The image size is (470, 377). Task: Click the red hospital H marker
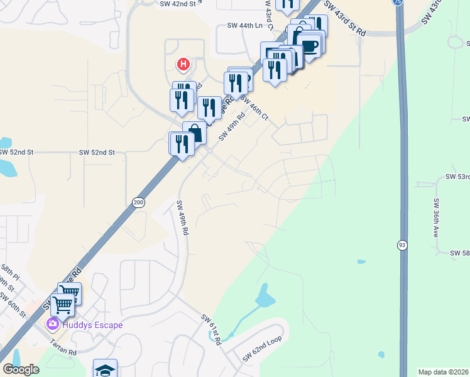click(183, 64)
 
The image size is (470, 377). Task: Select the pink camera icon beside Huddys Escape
click(53, 324)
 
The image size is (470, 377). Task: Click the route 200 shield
click(138, 202)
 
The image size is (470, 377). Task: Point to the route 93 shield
click(401, 244)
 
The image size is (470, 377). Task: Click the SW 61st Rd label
click(212, 329)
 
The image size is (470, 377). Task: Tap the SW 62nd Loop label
click(262, 351)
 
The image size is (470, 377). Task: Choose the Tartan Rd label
click(63, 348)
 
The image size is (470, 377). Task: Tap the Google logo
click(21, 369)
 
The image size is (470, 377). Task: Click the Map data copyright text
click(444, 372)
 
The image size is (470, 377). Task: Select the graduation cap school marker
click(106, 369)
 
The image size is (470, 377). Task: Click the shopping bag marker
click(194, 132)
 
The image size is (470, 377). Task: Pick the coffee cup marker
click(309, 45)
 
